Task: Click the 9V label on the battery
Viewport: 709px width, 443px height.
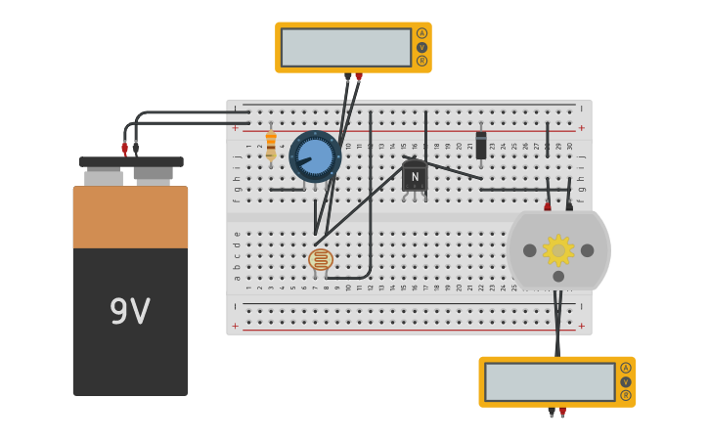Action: click(x=129, y=312)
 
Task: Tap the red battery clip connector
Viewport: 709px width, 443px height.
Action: click(x=124, y=148)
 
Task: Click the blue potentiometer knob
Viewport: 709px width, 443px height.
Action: click(x=315, y=156)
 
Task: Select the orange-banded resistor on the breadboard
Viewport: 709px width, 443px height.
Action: click(x=271, y=147)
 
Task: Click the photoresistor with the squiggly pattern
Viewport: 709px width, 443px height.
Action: click(x=321, y=259)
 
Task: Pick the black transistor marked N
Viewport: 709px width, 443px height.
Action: click(x=415, y=177)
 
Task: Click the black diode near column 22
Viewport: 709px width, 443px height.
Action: click(x=481, y=146)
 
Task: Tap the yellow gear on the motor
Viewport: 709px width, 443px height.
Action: click(x=558, y=250)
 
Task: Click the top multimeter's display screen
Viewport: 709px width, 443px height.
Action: click(x=346, y=47)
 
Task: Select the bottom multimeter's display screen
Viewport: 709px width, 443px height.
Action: click(x=550, y=381)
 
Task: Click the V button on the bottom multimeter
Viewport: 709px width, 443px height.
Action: click(x=626, y=382)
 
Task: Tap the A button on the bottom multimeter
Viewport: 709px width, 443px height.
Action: click(x=626, y=368)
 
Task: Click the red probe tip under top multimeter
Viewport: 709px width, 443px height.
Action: click(x=359, y=77)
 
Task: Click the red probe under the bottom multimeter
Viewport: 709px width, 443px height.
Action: click(x=562, y=412)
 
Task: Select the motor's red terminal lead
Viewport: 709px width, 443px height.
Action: click(x=548, y=206)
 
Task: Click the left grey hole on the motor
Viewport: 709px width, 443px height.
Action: click(x=530, y=250)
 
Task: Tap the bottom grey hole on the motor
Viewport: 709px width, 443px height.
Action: click(x=558, y=276)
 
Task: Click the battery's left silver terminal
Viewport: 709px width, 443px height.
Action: click(x=103, y=176)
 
